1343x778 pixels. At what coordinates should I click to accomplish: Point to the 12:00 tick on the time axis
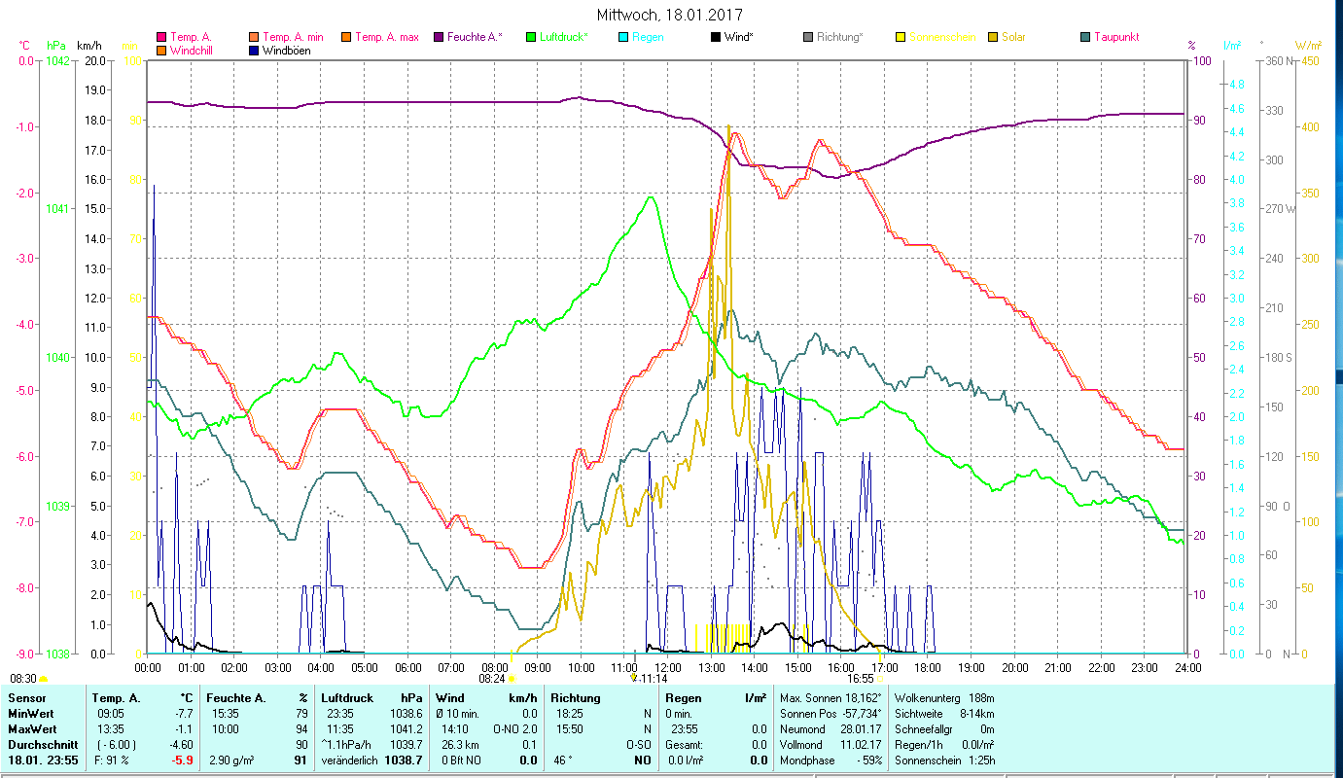668,668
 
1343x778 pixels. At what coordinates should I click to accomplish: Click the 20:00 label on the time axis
1014,668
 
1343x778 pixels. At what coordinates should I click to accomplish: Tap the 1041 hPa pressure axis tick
57,209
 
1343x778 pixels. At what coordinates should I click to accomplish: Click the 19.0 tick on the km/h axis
96,90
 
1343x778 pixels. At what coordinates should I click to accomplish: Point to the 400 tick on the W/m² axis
1310,127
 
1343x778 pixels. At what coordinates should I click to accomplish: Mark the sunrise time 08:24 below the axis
493,679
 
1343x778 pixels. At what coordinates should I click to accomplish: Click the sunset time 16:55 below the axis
860,679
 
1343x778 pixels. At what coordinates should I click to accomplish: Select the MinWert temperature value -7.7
183,713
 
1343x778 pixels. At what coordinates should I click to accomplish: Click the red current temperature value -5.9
182,760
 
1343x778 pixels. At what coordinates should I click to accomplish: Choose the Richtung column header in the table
576,697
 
